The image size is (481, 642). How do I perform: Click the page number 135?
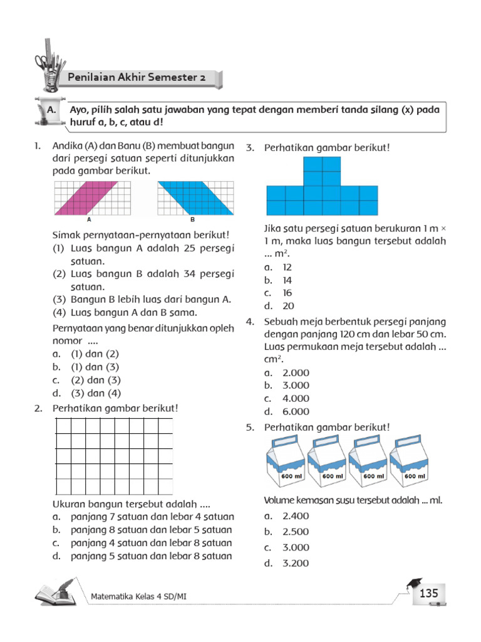click(x=428, y=594)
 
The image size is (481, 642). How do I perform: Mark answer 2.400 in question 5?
click(x=296, y=516)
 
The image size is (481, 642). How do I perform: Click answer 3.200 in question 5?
click(x=296, y=563)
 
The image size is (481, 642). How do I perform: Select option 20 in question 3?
click(x=287, y=306)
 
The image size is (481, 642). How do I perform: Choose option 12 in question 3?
click(x=287, y=267)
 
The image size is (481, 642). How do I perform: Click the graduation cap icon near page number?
click(x=413, y=585)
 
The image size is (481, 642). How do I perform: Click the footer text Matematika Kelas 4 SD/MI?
click(x=138, y=596)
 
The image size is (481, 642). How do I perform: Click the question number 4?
click(x=249, y=322)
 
